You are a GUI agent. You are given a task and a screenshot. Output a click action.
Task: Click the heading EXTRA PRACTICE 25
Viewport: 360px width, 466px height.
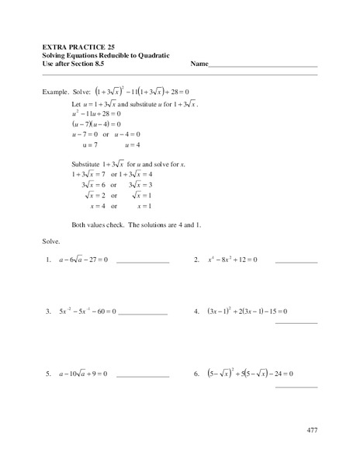click(81, 47)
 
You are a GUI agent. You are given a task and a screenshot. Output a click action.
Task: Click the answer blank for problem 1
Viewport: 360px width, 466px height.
click(142, 263)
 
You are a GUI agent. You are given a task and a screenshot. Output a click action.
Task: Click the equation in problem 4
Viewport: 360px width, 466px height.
click(247, 311)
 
